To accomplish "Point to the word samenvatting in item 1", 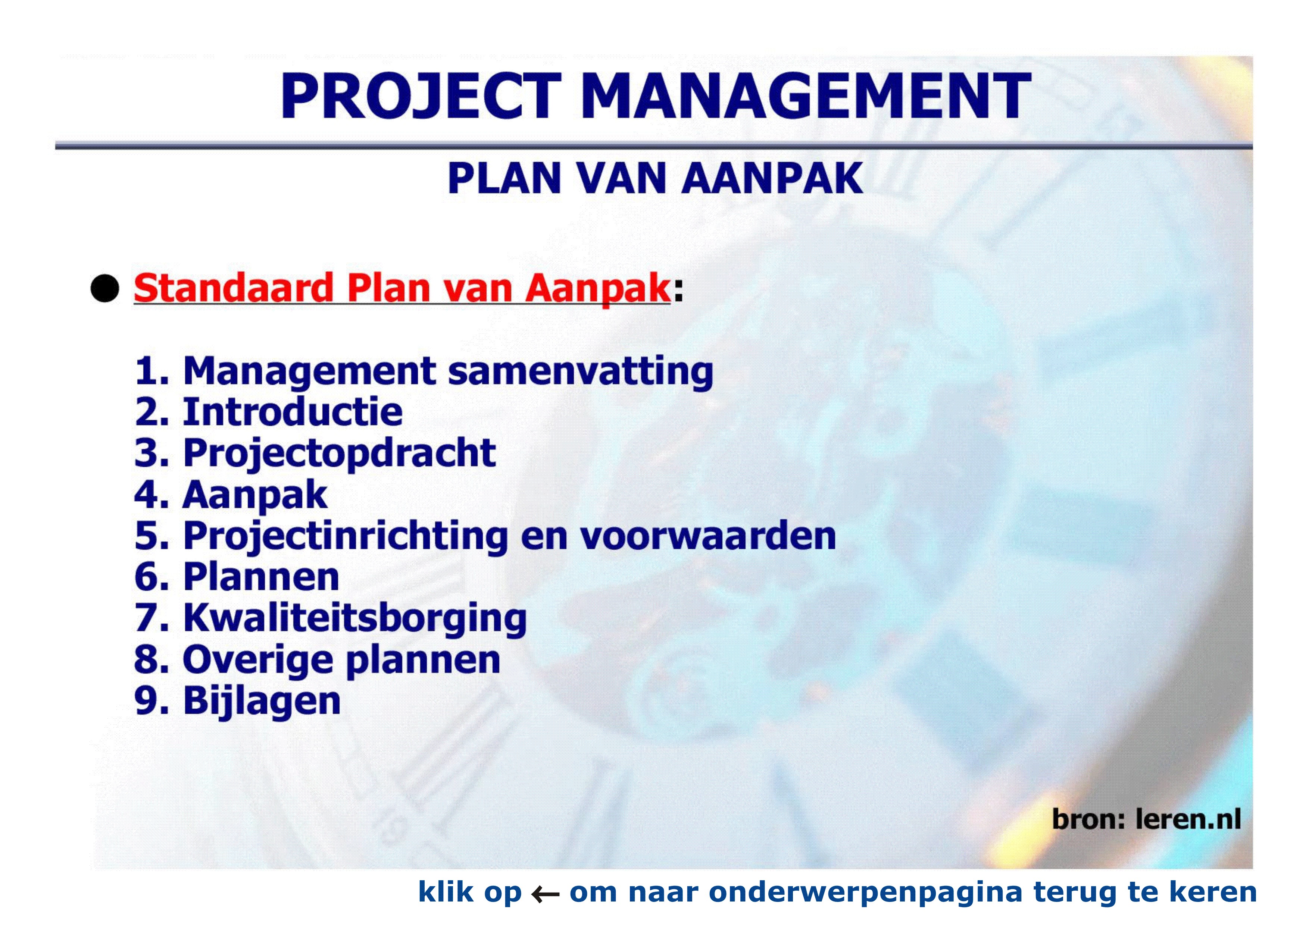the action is click(580, 371).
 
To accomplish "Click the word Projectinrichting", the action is click(346, 537).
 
